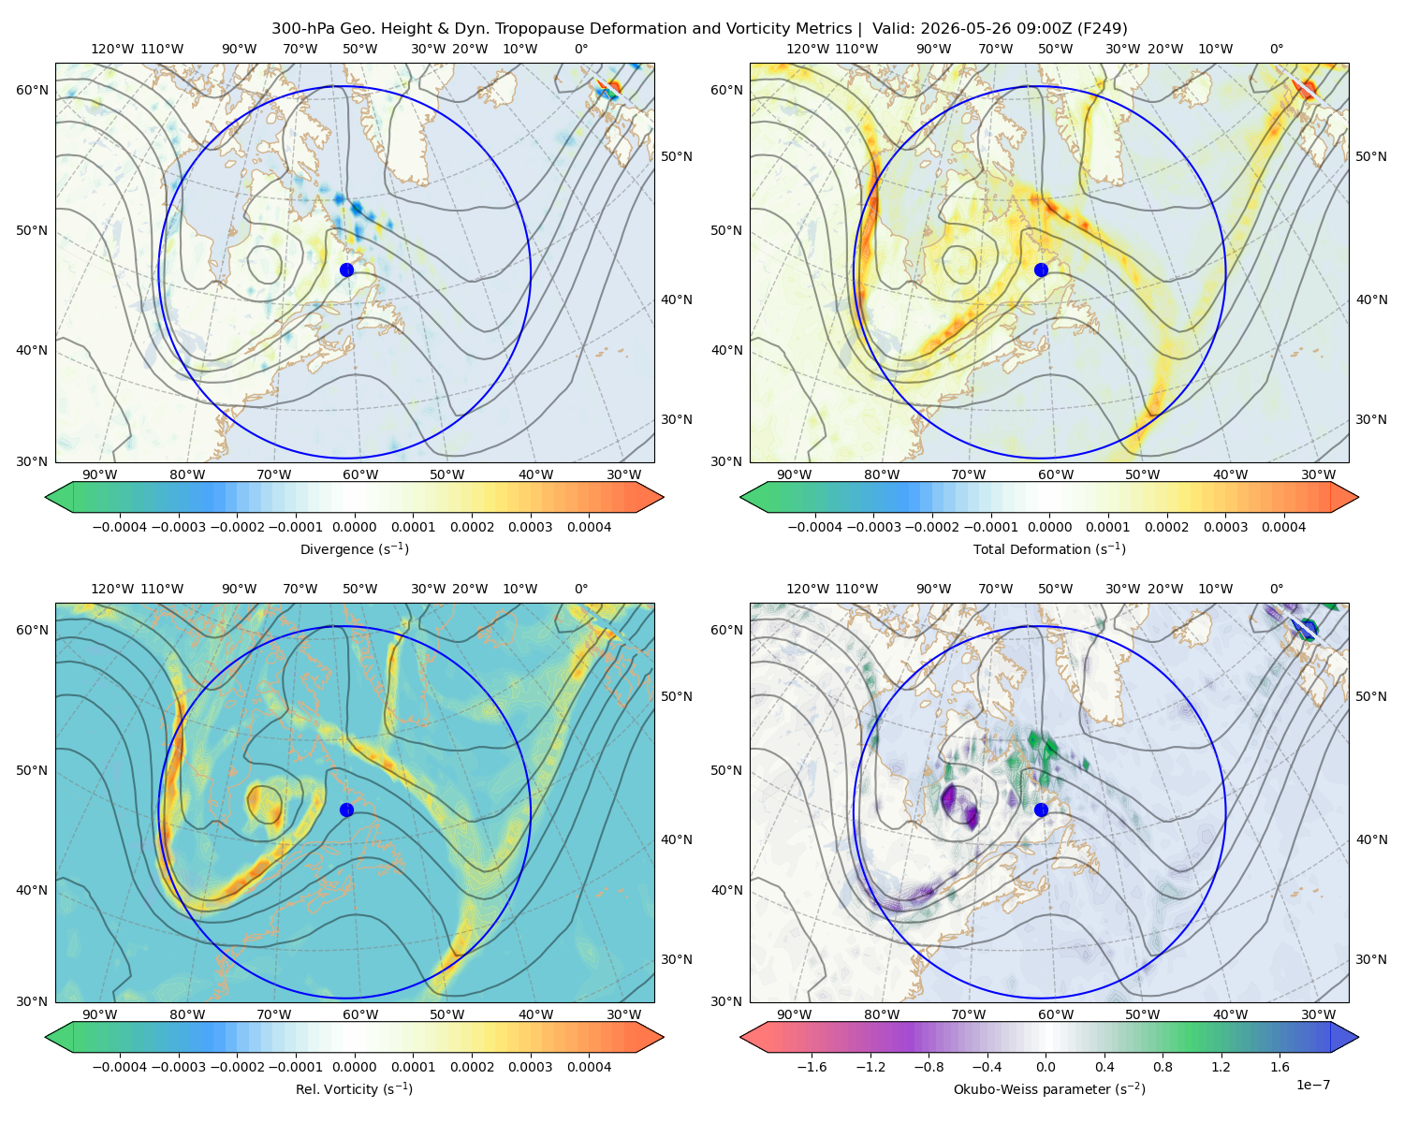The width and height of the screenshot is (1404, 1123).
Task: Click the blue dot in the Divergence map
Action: pos(346,270)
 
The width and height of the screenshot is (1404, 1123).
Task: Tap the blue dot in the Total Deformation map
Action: pos(1041,270)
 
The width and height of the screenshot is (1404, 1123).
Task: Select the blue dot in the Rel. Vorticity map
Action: pos(346,809)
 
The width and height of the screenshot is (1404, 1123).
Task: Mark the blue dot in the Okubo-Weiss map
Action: pos(1041,809)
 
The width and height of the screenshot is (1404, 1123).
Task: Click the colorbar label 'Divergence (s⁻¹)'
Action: pos(354,548)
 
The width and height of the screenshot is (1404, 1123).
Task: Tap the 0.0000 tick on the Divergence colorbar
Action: pos(354,527)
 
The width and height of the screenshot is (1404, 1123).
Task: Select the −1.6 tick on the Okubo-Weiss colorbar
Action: pos(812,1067)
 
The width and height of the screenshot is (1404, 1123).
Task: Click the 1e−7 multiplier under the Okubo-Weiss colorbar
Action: pos(1312,1085)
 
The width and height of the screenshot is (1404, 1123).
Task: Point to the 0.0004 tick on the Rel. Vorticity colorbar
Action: pos(589,1067)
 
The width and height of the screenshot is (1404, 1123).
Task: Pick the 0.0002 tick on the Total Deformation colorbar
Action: pos(1166,527)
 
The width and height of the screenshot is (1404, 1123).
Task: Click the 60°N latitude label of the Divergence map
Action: pos(32,90)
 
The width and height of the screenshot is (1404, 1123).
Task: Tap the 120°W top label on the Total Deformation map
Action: pos(807,49)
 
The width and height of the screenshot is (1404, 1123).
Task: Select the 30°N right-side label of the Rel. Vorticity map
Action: pos(677,959)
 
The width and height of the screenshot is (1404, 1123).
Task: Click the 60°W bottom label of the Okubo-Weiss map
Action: pos(1055,1014)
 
